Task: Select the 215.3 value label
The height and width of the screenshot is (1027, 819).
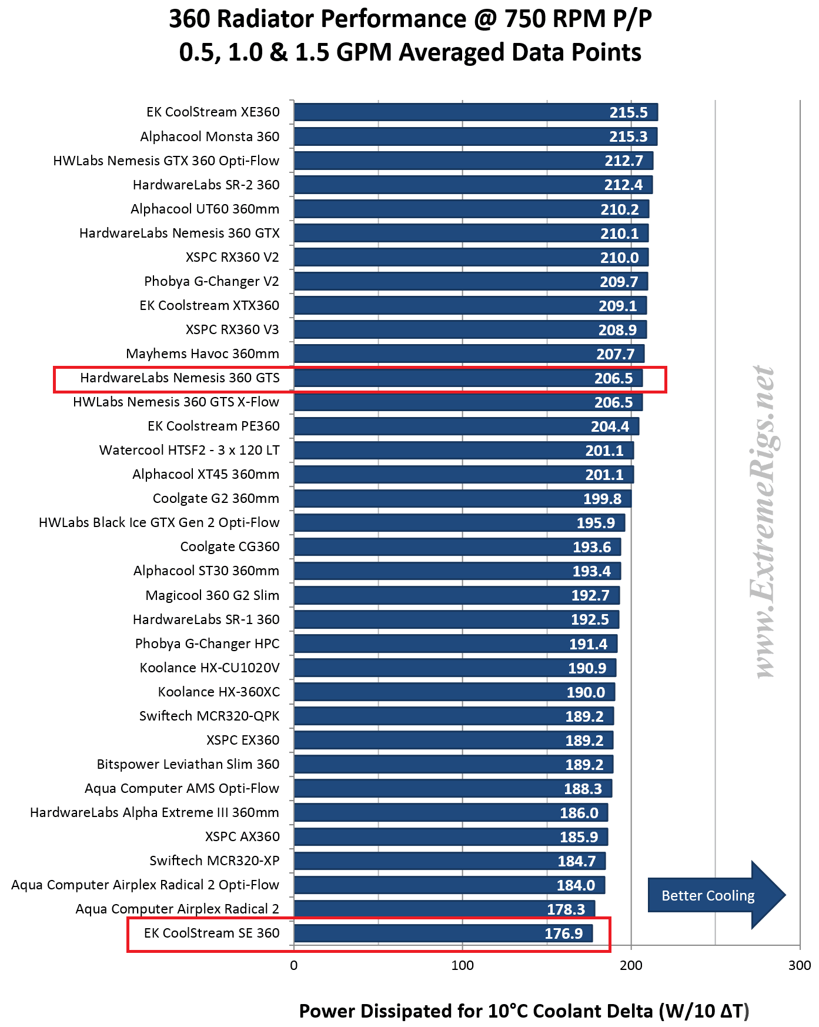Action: [628, 136]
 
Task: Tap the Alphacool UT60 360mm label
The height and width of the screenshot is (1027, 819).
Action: [205, 209]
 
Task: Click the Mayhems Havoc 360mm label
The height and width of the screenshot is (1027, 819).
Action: [202, 354]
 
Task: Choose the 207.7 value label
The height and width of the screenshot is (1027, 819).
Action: [615, 354]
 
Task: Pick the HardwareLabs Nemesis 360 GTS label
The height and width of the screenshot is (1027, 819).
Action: [179, 378]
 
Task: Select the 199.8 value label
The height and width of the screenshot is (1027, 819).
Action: [602, 499]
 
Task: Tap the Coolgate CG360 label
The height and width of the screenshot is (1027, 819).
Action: [229, 546]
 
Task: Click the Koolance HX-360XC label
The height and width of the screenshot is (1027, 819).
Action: [218, 692]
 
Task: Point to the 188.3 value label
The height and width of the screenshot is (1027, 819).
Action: [583, 789]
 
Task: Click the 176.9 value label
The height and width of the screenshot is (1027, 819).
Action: [563, 933]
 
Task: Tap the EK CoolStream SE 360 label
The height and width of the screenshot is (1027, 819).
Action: [212, 933]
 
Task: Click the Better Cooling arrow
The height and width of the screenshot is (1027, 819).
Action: [715, 895]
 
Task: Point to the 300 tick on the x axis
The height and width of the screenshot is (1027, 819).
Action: [800, 965]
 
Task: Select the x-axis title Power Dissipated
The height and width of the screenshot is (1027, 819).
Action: [524, 1011]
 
